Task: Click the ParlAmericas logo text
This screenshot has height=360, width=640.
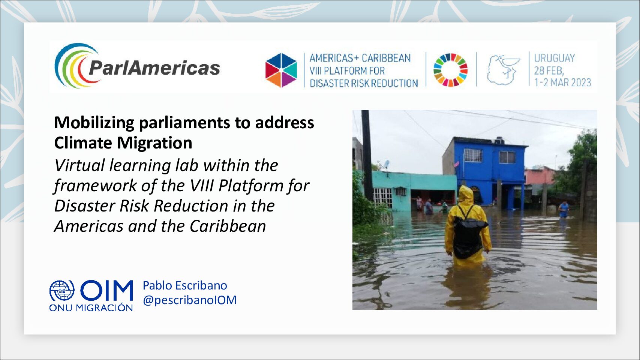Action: tap(154, 68)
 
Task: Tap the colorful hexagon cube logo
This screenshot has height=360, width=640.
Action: tap(281, 70)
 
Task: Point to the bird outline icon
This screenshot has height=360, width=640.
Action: tap(504, 70)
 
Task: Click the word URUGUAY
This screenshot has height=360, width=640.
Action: tap(554, 58)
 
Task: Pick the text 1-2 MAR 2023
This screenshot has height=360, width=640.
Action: tap(562, 82)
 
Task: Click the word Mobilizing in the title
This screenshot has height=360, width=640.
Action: tap(94, 123)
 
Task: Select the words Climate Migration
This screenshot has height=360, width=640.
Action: tap(123, 142)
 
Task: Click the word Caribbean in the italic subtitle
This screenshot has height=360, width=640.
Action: tap(228, 226)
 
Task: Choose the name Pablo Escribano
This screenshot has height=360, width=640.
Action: tap(185, 285)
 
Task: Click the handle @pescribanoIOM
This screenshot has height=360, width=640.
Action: tap(189, 300)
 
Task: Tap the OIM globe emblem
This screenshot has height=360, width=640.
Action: tap(62, 290)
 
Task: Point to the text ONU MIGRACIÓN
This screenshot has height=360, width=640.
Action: tap(91, 308)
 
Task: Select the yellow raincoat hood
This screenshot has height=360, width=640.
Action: tap(465, 194)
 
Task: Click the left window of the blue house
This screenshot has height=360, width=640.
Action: tap(472, 155)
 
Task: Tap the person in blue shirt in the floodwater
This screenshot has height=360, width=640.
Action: tap(564, 209)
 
